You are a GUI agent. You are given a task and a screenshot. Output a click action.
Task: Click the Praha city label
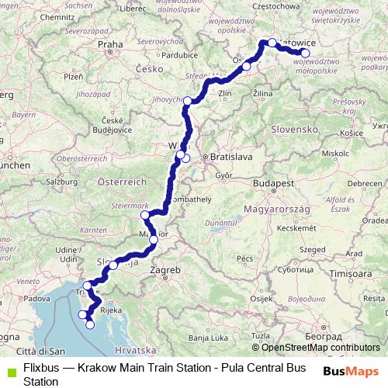pyautogui.click(x=110, y=45)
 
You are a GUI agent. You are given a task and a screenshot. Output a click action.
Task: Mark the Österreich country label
pyautogui.click(x=122, y=181)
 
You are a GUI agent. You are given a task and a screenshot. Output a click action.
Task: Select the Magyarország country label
pyautogui.click(x=277, y=210)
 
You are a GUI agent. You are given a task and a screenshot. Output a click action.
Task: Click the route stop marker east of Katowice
pyautogui.click(x=305, y=54)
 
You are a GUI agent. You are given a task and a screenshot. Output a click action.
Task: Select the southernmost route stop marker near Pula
pyautogui.click(x=90, y=324)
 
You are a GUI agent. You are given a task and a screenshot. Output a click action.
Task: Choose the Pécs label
pyautogui.click(x=246, y=258)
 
